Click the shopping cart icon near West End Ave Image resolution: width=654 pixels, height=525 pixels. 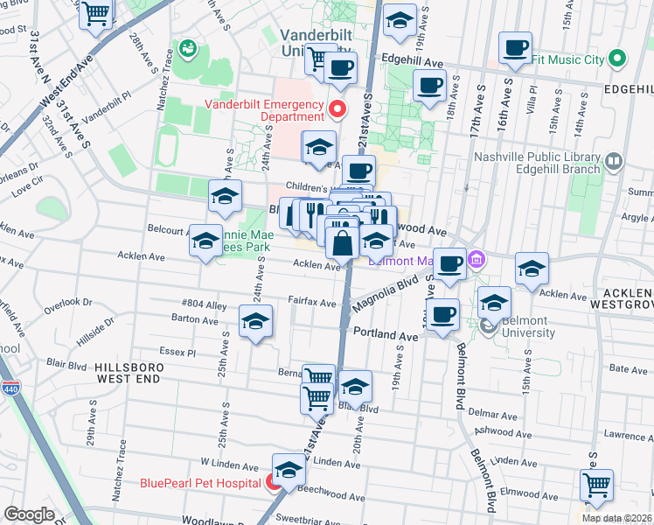pyautogui.click(x=96, y=13)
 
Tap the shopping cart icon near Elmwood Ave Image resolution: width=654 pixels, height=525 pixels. pyautogui.click(x=596, y=484)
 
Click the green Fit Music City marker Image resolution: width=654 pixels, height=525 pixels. pyautogui.click(x=617, y=59)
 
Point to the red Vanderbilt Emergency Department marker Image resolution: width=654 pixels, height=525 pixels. pyautogui.click(x=338, y=109)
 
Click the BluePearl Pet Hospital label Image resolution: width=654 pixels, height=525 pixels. pyautogui.click(x=200, y=482)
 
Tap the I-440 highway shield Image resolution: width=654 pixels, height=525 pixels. pyautogui.click(x=10, y=388)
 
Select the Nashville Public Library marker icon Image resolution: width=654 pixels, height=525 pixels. pyautogui.click(x=613, y=162)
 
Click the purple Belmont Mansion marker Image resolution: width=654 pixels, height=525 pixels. pyautogui.click(x=477, y=259)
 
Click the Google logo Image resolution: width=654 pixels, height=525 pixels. pyautogui.click(x=29, y=514)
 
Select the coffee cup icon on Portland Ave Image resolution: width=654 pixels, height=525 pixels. pyautogui.click(x=443, y=314)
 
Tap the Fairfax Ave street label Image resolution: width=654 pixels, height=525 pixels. pyautogui.click(x=312, y=303)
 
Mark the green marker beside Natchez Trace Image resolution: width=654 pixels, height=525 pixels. pyautogui.click(x=186, y=46)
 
